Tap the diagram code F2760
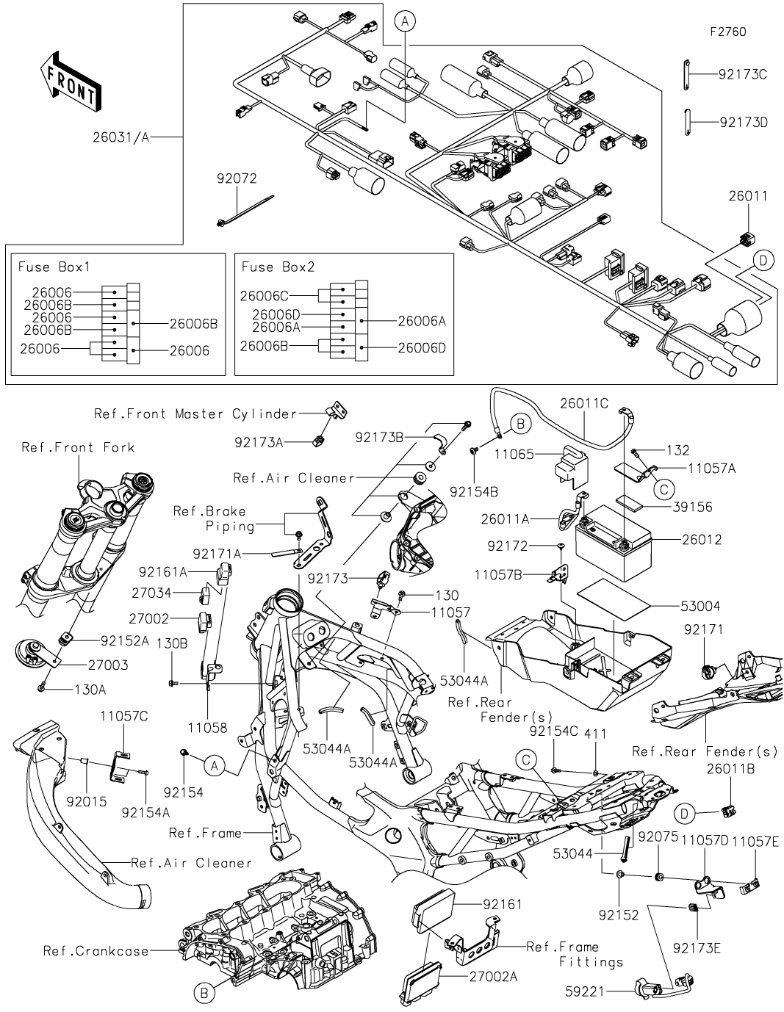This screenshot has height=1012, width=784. pos(727,32)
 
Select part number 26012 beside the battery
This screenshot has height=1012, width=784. pos(702,540)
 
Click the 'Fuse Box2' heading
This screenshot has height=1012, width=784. pos(278,267)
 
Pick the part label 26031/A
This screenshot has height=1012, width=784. pos(121,137)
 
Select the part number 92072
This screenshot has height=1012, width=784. pos(237,178)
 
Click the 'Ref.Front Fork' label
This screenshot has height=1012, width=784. pos(78,447)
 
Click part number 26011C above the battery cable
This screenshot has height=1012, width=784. pos(585,402)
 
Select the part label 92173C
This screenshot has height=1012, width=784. pos(743,74)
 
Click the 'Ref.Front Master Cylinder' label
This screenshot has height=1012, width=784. pos(195,413)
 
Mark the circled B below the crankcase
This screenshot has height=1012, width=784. pos(205,994)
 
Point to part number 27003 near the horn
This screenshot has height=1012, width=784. pos(108,665)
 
